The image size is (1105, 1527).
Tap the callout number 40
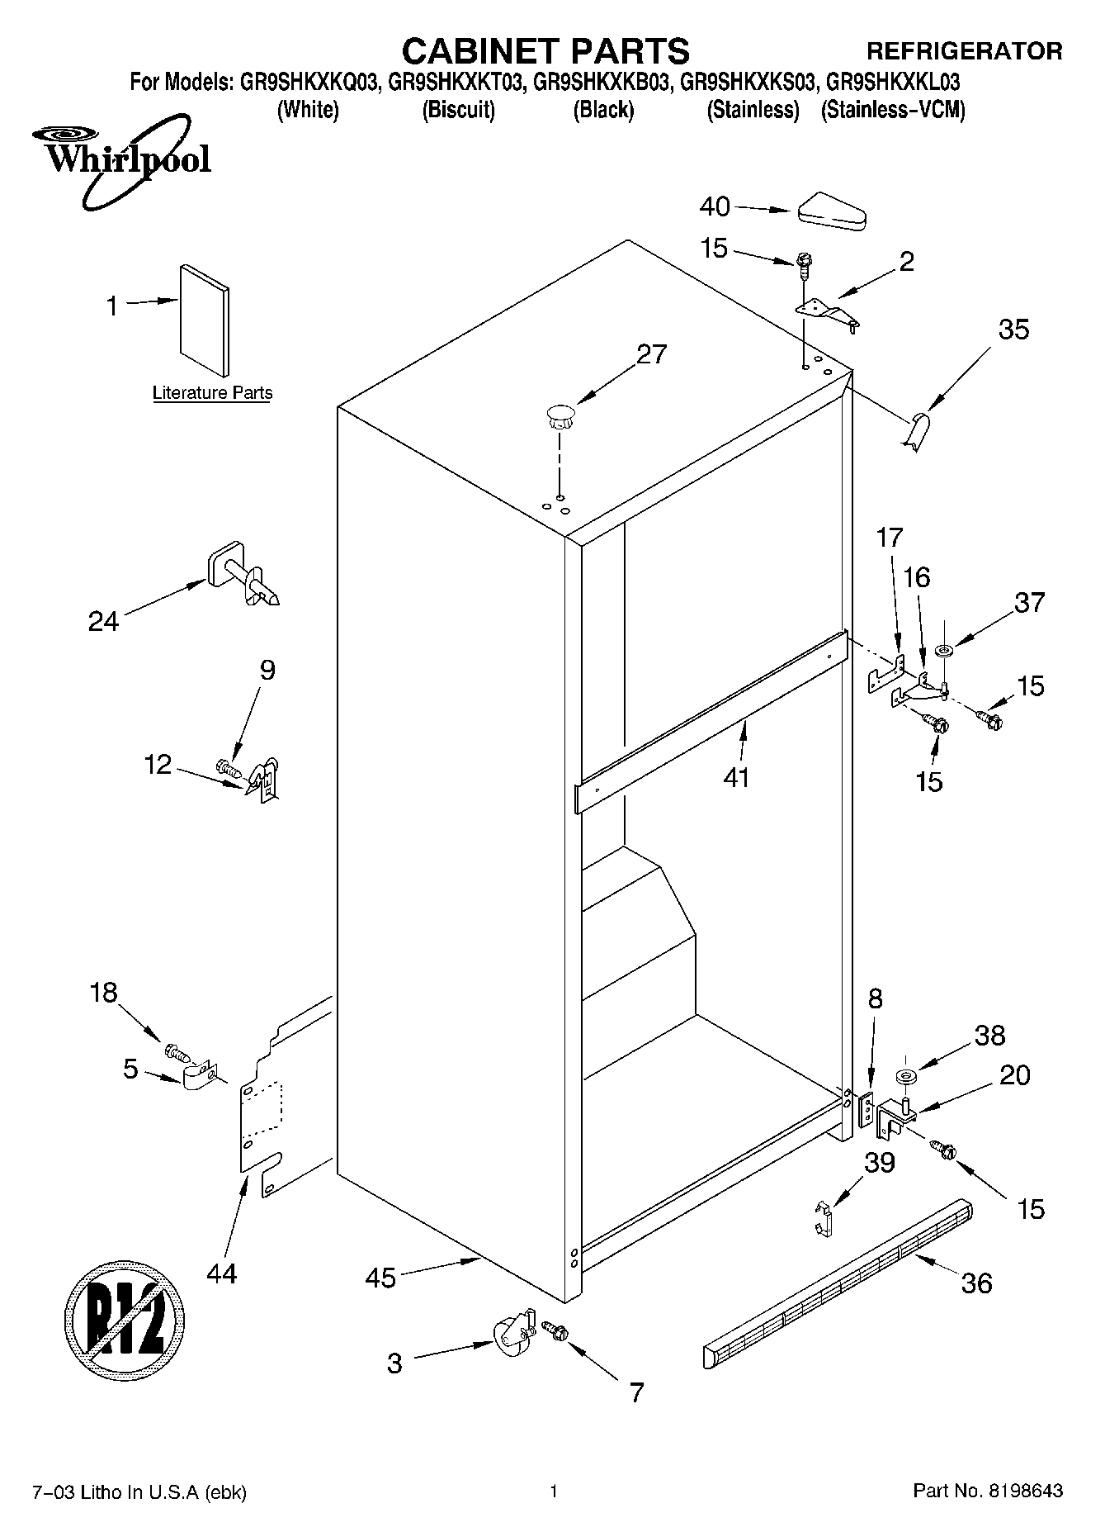coord(715,206)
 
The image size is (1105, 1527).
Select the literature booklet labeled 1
coord(205,320)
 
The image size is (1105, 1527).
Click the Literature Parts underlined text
coord(212,393)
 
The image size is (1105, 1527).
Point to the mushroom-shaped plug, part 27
coord(560,415)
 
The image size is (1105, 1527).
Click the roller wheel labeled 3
coord(511,1335)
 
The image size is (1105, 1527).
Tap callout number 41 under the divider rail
coord(736,777)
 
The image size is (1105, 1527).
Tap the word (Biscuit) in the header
coord(458,110)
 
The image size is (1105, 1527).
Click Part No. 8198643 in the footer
coord(987,1491)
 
